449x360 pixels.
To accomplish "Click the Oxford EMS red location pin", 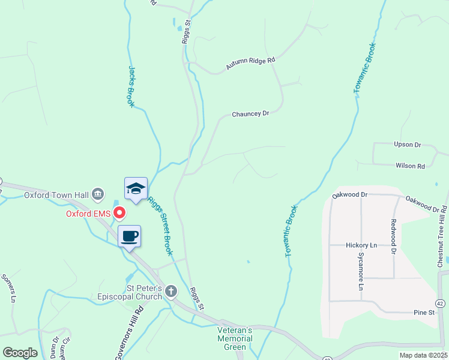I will coord(119,212).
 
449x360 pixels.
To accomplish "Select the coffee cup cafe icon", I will coord(129,236).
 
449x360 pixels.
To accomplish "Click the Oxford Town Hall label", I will coord(56,195).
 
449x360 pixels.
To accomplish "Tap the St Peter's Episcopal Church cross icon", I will coord(171,292).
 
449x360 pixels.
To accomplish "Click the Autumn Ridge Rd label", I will coord(250,63).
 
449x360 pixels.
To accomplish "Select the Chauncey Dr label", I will coord(250,113).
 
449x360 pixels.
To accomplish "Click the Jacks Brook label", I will coord(131,86).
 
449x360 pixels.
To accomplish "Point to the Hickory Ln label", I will coord(361,245).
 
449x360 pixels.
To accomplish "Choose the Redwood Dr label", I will coord(394,237).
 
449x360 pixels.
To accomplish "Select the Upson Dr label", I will coord(408,145).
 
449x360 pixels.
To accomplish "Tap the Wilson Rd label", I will coord(410,166).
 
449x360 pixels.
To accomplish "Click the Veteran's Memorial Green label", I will coord(235,338).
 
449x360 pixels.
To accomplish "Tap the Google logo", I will coord(20,353).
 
